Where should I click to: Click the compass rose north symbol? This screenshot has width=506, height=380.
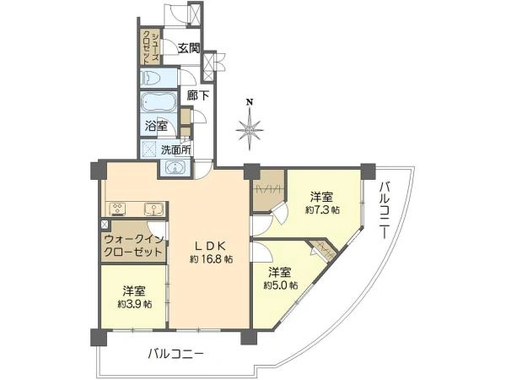pos(249,129)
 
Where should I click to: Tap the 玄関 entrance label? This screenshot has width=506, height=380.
pos(188,49)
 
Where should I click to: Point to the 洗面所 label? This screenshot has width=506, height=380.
pos(176,150)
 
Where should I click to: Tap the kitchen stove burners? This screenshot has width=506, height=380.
pos(116,209)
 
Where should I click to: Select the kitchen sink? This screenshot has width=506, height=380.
pos(153,209)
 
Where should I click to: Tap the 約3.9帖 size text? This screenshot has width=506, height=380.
pos(134,303)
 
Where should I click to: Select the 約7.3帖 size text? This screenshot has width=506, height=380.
pos(323,209)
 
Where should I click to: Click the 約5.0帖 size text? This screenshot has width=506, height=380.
pos(281,285)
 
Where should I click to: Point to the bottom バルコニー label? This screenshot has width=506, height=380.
pos(175,354)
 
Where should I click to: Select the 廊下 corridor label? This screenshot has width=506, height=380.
pos(198,95)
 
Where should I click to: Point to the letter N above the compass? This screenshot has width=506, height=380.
pos(249,103)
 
